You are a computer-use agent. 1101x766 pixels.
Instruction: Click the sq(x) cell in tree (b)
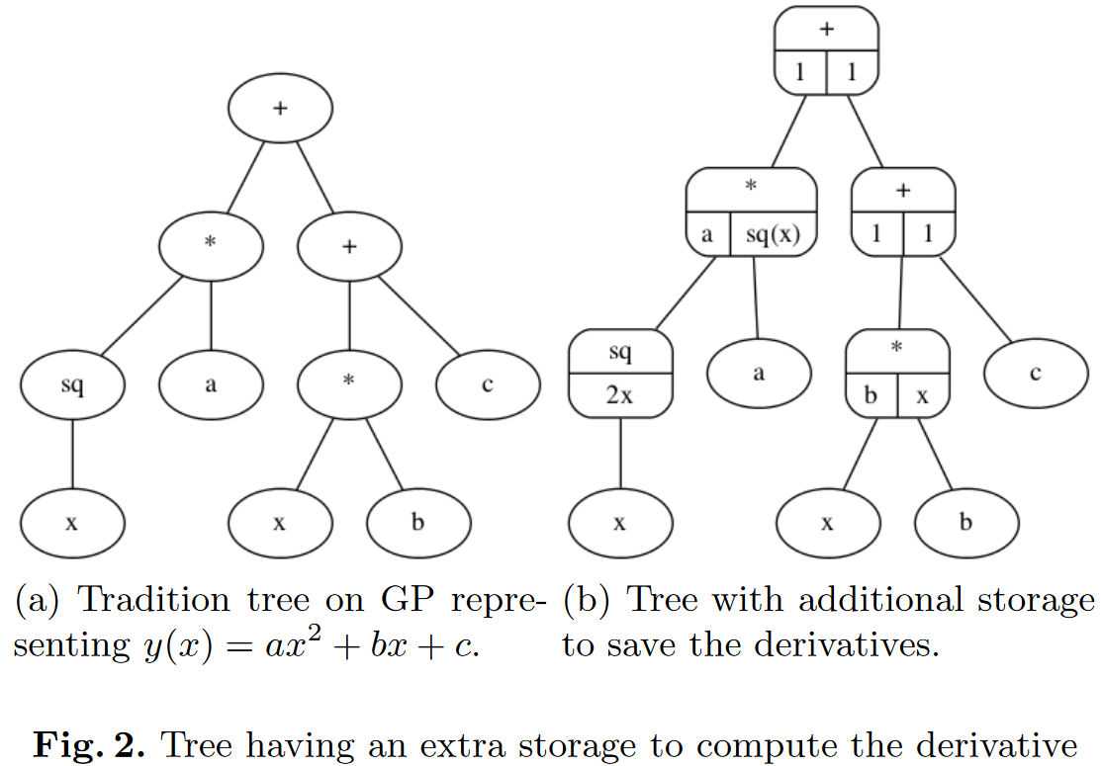pyautogui.click(x=774, y=234)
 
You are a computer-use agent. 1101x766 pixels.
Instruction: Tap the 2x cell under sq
pyautogui.click(x=620, y=395)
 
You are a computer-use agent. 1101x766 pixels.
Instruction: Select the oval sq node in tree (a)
pyautogui.click(x=71, y=384)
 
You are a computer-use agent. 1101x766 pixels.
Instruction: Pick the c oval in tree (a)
pyautogui.click(x=487, y=383)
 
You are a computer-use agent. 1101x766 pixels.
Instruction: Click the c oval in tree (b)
pyautogui.click(x=1035, y=373)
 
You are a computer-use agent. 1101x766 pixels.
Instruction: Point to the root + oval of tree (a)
pyautogui.click(x=280, y=108)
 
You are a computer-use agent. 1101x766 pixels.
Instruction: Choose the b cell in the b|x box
pyautogui.click(x=872, y=395)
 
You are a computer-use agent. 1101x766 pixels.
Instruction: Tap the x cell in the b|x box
pyautogui.click(x=923, y=395)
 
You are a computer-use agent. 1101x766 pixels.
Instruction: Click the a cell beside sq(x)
pyautogui.click(x=707, y=234)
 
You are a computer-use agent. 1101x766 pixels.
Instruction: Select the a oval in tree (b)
pyautogui.click(x=759, y=373)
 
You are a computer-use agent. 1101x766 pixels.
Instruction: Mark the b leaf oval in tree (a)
pyautogui.click(x=417, y=522)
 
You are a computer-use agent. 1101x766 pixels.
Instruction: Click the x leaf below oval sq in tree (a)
pyautogui.click(x=71, y=522)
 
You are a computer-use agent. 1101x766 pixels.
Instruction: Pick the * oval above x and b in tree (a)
pyautogui.click(x=348, y=383)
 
